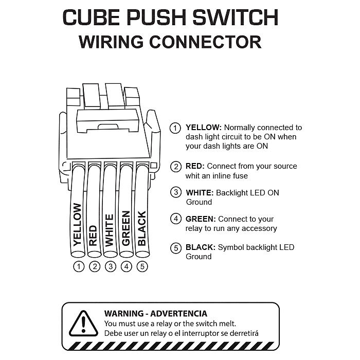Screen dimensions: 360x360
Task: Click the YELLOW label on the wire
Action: click(78, 224)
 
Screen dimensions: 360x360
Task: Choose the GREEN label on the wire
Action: click(125, 228)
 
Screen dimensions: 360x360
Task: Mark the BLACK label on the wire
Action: click(141, 228)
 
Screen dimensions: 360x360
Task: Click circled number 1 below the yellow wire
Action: click(79, 266)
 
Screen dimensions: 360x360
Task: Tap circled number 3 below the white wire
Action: click(110, 266)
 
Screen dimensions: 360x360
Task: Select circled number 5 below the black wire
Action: click(142, 266)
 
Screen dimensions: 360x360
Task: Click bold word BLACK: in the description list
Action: click(201, 247)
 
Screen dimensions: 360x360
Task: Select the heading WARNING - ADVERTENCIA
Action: click(155, 313)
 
